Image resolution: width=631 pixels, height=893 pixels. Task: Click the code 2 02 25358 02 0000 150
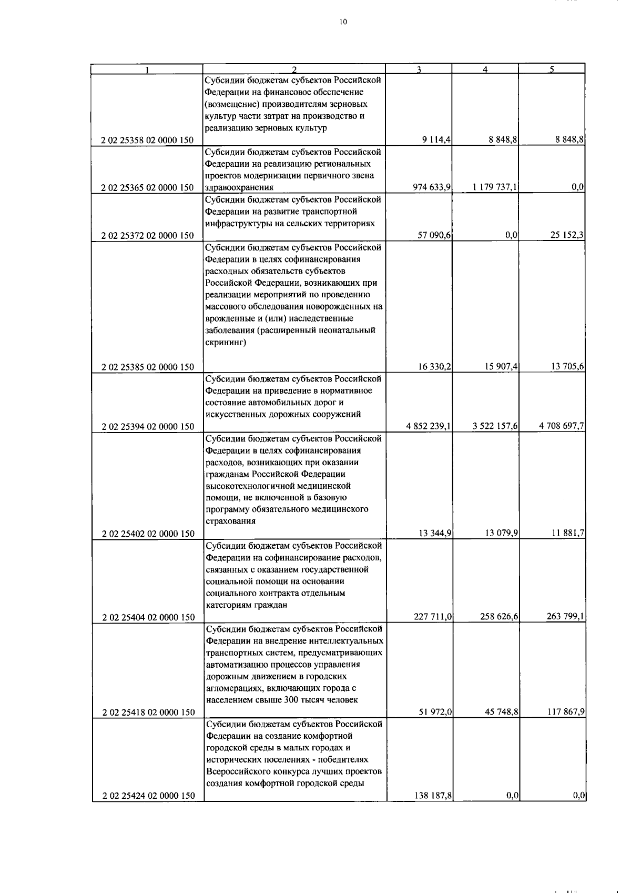coord(148,141)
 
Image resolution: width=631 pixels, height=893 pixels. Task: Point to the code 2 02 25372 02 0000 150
coord(148,236)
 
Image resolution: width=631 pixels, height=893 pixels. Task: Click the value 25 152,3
coord(567,236)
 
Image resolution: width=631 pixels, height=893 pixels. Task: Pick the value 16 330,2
coord(434,367)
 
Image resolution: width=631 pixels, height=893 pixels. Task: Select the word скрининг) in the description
coord(226,343)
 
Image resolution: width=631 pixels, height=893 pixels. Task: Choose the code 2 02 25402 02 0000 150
coord(148,534)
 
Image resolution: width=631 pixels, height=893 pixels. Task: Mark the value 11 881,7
coord(567,534)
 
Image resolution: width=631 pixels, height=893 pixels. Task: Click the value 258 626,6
coord(500,617)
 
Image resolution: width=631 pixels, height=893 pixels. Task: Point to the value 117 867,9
coord(565,712)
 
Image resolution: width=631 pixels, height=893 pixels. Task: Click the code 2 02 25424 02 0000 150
coord(148,797)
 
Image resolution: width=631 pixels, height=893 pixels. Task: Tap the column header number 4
coord(485,69)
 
